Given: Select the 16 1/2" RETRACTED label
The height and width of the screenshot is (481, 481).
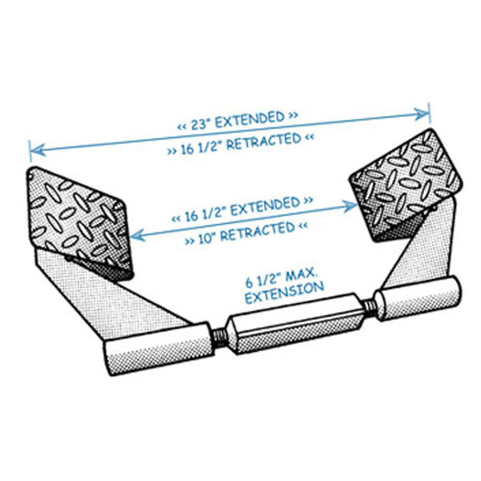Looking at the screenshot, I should (x=240, y=143).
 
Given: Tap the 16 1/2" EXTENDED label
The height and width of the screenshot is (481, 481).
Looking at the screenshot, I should (x=241, y=208).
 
